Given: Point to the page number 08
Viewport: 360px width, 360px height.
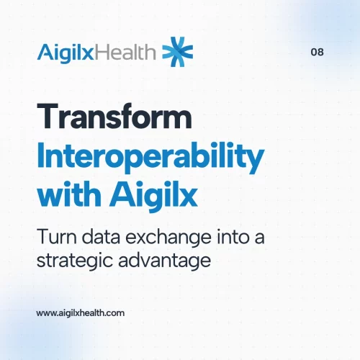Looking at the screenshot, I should pos(317,53).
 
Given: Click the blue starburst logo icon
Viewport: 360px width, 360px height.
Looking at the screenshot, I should pos(178,51).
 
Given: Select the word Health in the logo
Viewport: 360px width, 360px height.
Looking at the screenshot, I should pos(129,52).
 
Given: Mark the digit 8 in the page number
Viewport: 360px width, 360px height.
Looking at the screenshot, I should pos(320,53).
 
